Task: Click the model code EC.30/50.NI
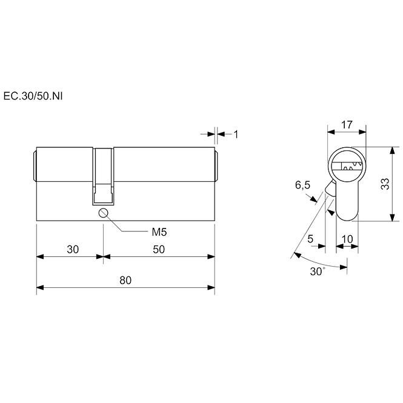33,96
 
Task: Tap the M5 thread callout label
159,232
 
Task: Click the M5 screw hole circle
103,213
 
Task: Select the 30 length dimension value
73,249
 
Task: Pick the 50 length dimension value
159,249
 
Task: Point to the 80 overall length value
125,280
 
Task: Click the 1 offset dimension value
236,135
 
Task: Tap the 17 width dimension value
347,125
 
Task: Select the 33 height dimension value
385,184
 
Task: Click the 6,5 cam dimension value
302,185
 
